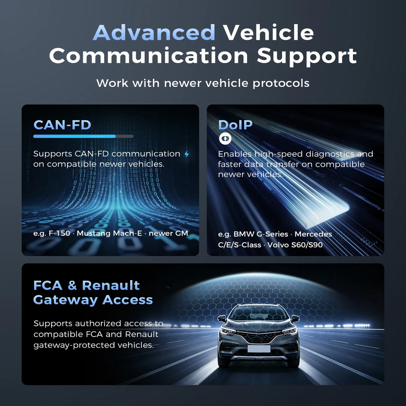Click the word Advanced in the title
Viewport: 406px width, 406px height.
(154, 32)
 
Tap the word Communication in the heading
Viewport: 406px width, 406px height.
(149, 55)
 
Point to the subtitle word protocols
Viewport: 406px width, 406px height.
(281, 84)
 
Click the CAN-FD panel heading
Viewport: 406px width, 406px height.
(62, 125)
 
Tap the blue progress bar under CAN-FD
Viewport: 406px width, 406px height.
(74, 136)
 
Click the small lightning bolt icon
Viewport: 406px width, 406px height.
(187, 154)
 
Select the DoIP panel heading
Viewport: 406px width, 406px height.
(235, 125)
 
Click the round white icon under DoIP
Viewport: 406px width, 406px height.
(225, 138)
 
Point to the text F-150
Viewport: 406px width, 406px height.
(60, 233)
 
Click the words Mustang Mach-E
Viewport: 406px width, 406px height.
(109, 233)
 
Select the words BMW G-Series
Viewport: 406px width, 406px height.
(261, 234)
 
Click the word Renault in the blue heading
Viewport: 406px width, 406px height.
(111, 286)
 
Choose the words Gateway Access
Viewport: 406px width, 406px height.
(93, 300)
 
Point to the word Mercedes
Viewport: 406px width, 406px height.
(313, 234)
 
